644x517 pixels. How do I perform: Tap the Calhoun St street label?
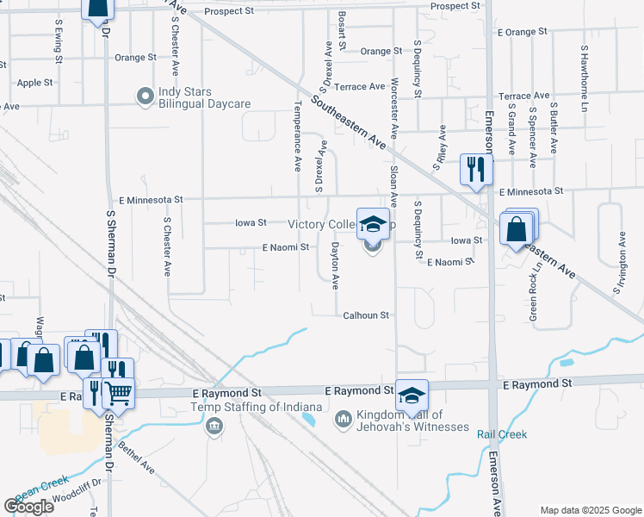(368, 315)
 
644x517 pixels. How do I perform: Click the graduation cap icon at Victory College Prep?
(372, 225)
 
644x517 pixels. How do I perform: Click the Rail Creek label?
(502, 434)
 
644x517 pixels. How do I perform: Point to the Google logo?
(29, 506)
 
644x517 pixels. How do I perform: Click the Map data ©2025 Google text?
(590, 510)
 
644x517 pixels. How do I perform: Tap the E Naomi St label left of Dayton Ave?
(286, 247)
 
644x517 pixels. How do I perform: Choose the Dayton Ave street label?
(336, 265)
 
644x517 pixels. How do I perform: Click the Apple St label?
(35, 83)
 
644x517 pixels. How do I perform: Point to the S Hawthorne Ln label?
(583, 78)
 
